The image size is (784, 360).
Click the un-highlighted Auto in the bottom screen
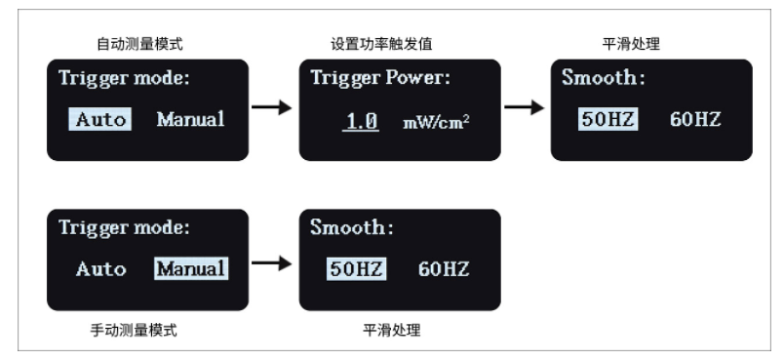click(x=100, y=268)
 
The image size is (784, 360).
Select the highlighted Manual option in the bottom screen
click(x=190, y=268)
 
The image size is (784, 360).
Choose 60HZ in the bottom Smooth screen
click(x=444, y=268)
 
